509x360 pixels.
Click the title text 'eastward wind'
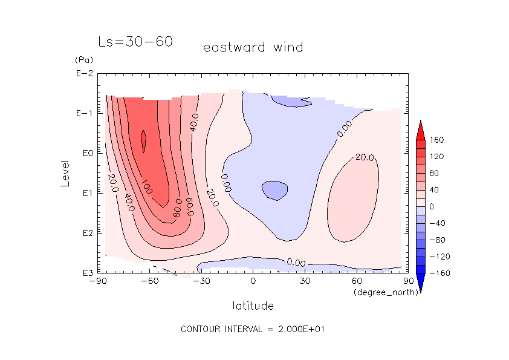coord(253,47)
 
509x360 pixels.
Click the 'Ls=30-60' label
coord(135,42)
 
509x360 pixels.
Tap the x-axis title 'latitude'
coord(253,306)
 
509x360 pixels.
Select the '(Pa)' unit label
coord(82,60)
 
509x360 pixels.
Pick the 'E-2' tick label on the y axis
coord(84,74)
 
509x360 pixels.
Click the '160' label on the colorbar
coord(437,140)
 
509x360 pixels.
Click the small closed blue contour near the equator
coord(275,191)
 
